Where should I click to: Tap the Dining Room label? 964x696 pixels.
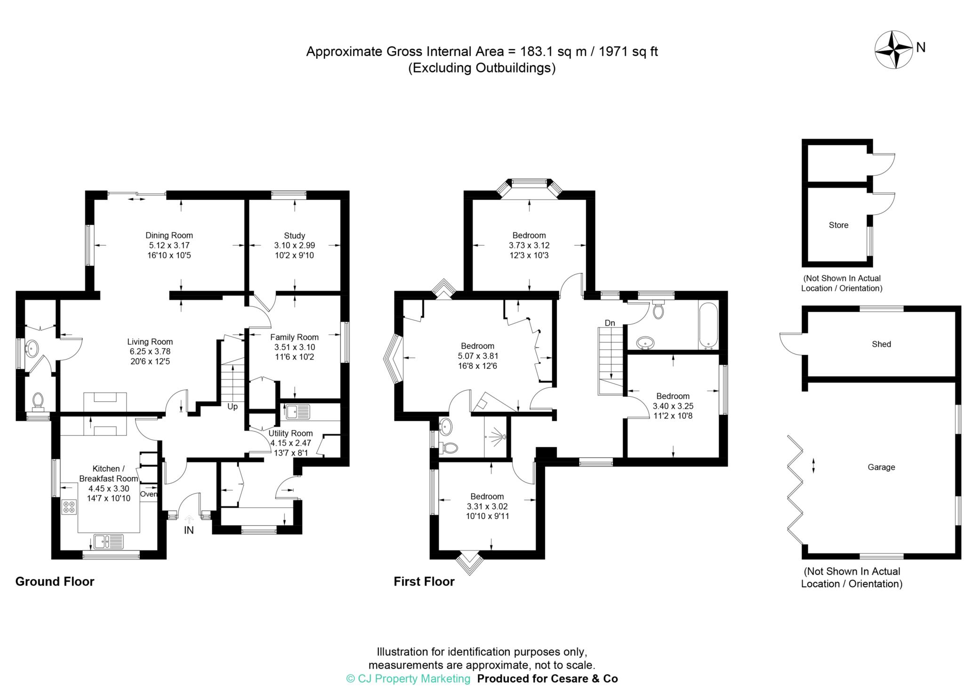coord(169,235)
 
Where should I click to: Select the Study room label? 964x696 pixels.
coord(295,235)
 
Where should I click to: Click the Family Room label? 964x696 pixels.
coord(295,337)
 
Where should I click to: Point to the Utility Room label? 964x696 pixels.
coord(290,433)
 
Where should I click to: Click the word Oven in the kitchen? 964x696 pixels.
coord(149,494)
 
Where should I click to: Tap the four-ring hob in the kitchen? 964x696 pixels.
coord(69,506)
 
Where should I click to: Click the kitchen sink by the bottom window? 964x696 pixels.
coord(108,542)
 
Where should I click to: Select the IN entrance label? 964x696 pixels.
coord(189,530)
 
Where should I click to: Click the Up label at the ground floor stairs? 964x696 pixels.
coord(233,406)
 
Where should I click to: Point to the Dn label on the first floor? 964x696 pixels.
coord(610,323)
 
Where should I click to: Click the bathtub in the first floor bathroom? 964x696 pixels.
coord(708,326)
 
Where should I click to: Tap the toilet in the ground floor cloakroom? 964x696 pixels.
coord(38,401)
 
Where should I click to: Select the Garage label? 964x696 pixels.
coord(881,467)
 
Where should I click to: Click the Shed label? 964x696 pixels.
coord(881,344)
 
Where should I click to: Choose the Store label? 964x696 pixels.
coord(838,225)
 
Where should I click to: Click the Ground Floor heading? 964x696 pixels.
coord(55,582)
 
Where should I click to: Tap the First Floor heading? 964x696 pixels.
coord(424,582)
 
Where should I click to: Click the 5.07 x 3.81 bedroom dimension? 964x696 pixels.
coord(477,356)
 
